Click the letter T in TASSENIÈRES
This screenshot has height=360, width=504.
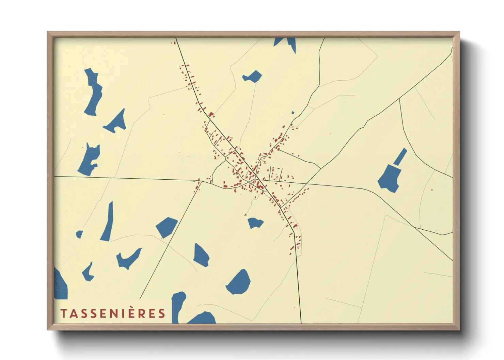point(64,313)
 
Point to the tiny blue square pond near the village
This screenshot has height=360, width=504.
point(293,113)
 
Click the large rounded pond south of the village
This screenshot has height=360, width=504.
point(239,282)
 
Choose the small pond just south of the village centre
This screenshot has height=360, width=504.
point(255,223)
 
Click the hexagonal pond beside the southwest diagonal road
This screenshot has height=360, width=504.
point(167,227)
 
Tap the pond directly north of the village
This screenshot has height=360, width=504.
point(252,77)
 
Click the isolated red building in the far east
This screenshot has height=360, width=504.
point(432,190)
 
